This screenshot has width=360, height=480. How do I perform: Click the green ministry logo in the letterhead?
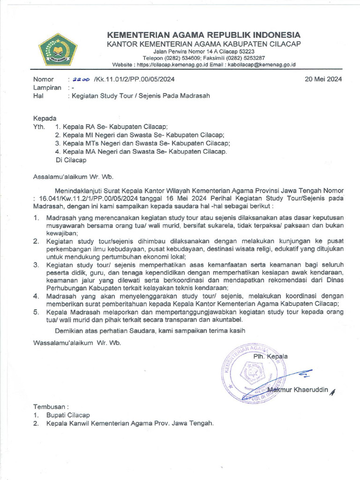coord(58,49)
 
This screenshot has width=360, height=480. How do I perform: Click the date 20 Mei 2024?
coord(323,79)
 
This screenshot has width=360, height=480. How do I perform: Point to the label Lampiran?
coord(47,88)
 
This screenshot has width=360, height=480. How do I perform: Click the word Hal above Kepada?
coord(38,96)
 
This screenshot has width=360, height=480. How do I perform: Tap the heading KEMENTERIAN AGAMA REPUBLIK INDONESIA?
coord(204,35)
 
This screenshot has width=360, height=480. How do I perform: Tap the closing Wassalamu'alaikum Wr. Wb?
coord(77,342)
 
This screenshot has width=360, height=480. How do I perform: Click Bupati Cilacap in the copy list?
coord(68,415)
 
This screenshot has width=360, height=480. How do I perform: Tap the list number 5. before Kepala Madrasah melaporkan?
coord(36,312)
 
